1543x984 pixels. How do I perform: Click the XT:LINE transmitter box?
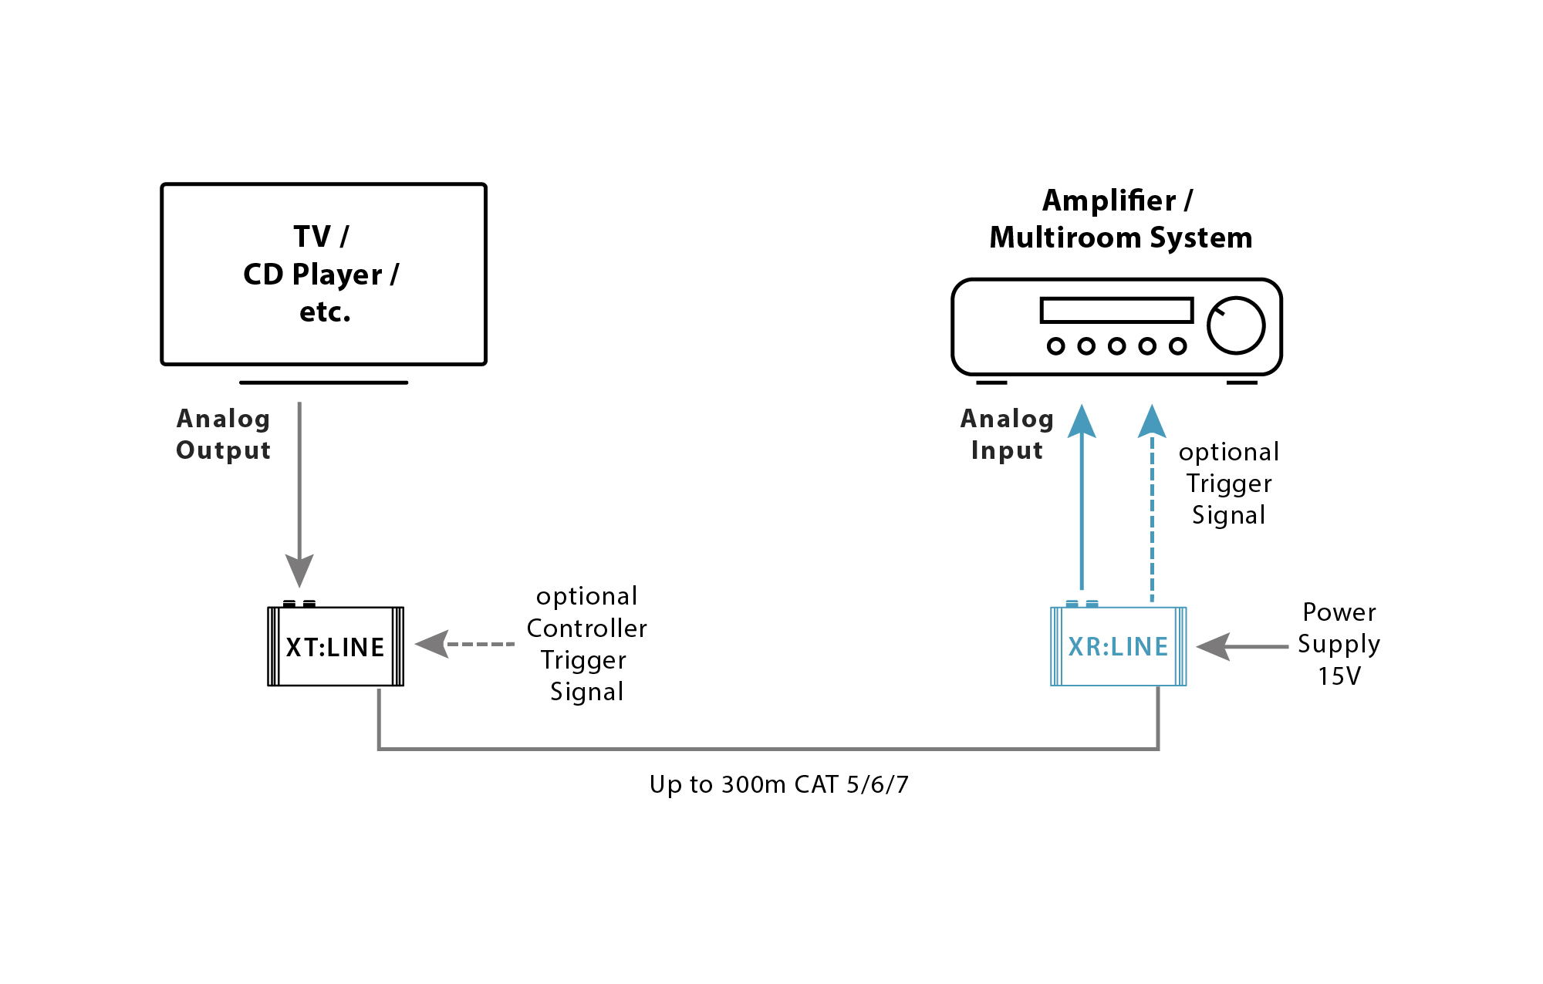tap(336, 646)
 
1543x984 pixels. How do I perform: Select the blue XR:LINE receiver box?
tap(1118, 646)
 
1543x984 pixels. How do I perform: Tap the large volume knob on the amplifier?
tap(1235, 325)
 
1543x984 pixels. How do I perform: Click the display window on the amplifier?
tap(1116, 310)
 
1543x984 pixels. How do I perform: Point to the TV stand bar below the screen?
tap(323, 382)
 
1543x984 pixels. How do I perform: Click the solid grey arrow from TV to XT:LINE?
tap(299, 494)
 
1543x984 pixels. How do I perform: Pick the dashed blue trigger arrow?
tap(1152, 509)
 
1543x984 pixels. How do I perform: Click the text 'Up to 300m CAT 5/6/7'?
tap(778, 784)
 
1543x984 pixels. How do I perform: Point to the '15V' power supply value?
tap(1339, 676)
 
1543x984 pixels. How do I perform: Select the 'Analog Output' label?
tap(224, 434)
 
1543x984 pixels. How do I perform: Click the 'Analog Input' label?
tap(1007, 434)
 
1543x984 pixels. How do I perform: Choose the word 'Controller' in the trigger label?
tap(586, 628)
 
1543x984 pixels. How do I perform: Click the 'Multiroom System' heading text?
tap(1120, 238)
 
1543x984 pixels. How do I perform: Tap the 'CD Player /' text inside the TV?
tap(321, 275)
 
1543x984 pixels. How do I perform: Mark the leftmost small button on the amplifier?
tap(1055, 346)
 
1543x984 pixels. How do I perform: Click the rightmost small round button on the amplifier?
tap(1177, 346)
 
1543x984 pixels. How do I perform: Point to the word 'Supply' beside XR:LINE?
tap(1339, 644)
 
